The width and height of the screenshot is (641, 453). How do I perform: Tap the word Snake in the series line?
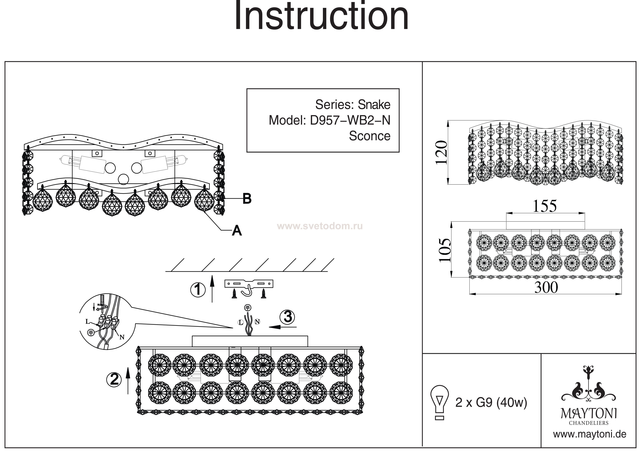coord(374,105)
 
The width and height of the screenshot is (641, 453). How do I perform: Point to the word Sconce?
coord(370,136)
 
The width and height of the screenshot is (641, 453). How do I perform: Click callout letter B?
coord(247,199)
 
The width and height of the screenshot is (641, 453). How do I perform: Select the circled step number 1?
coord(198,290)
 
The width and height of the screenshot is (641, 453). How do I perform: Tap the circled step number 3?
coord(288,317)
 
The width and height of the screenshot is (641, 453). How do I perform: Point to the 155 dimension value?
coord(545,206)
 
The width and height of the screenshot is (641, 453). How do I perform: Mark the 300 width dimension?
coord(546,288)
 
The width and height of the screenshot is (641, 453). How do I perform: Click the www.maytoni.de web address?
coord(590,435)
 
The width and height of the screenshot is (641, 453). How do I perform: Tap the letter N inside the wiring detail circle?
coord(122,337)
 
